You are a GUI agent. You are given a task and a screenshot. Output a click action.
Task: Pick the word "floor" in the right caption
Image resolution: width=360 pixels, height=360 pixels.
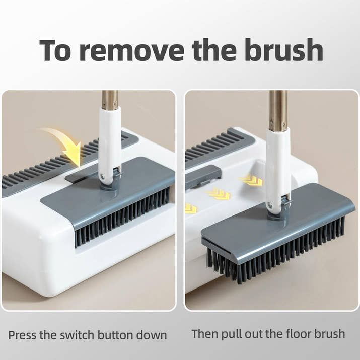(x=296, y=333)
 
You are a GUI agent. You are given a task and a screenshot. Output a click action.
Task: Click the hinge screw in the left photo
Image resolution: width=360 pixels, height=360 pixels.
(x=103, y=176)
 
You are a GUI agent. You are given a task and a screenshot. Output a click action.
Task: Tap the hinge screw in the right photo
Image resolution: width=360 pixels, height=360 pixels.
(x=270, y=205)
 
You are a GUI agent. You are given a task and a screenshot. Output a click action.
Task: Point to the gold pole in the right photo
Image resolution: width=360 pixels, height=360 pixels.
(x=278, y=108)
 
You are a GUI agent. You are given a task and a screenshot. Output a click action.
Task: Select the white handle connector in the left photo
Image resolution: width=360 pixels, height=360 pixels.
(x=109, y=141)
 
